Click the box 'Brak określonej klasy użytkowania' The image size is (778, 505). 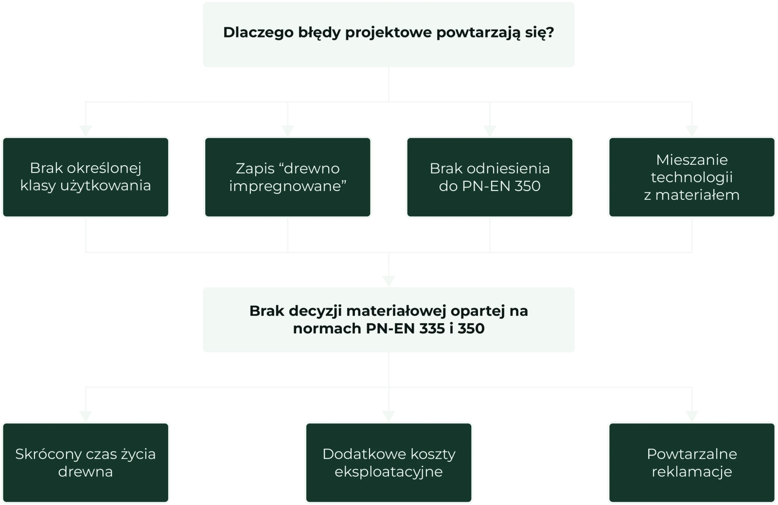click(x=86, y=177)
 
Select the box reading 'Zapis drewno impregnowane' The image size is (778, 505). click(x=287, y=177)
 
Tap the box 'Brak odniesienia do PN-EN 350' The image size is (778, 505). click(x=490, y=177)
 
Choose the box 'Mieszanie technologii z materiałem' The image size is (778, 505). click(x=691, y=177)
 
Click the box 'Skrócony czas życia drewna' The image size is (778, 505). click(x=86, y=462)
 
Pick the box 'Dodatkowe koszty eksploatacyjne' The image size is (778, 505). click(x=389, y=462)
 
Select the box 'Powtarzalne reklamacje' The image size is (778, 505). click(x=691, y=462)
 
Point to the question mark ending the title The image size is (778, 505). click(x=550, y=33)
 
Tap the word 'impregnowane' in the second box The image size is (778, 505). click(x=287, y=186)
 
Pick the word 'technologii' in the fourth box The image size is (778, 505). click(x=691, y=177)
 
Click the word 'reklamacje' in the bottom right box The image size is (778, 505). click(x=691, y=471)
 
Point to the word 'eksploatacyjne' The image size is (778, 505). click(x=389, y=471)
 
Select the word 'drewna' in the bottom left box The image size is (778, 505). click(x=86, y=471)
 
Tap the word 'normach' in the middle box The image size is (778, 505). click(x=327, y=329)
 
